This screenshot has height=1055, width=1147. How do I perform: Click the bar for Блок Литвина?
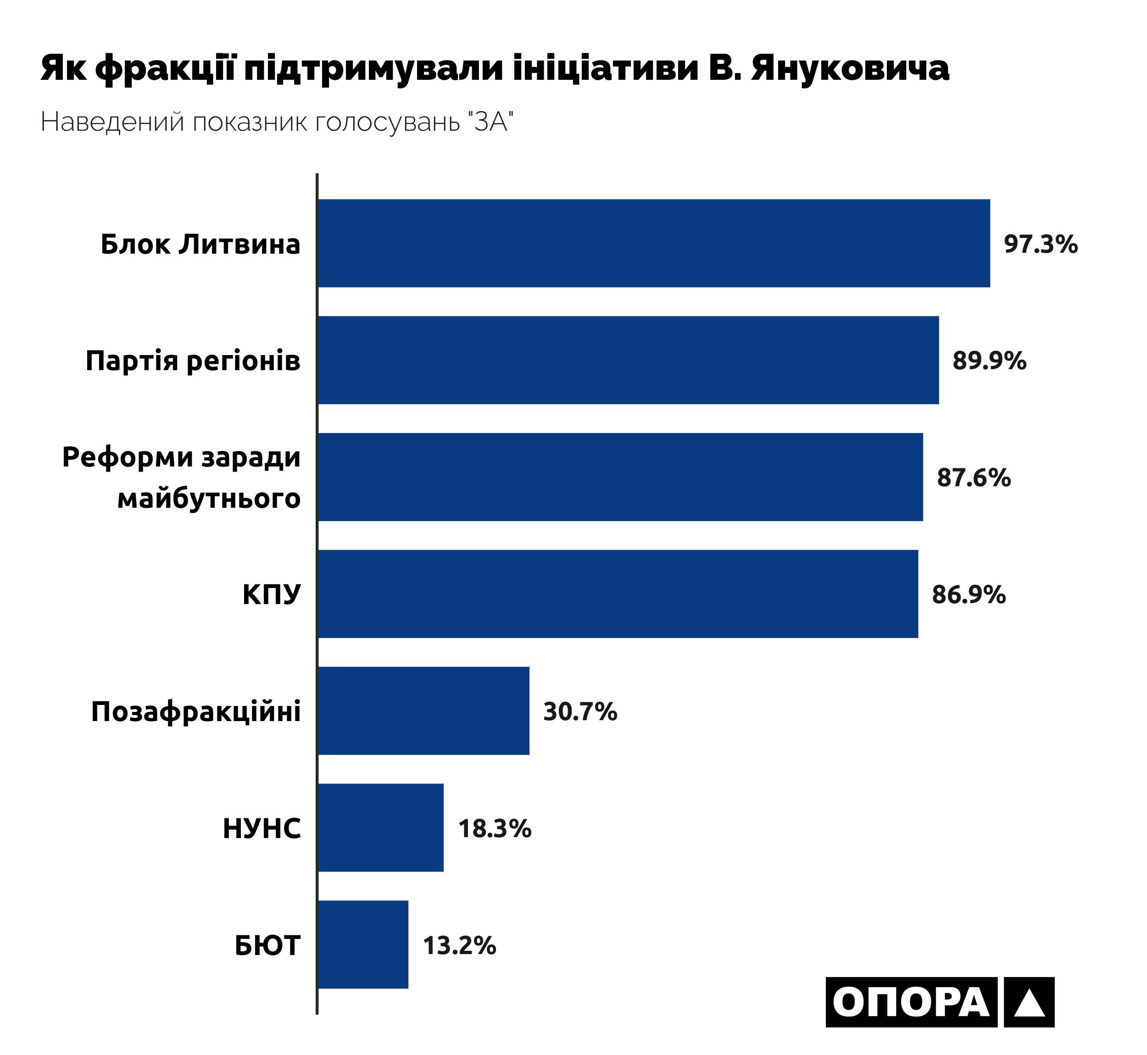(654, 243)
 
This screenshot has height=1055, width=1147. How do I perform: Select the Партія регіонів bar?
(628, 360)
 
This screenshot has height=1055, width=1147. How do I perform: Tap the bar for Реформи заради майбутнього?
(620, 477)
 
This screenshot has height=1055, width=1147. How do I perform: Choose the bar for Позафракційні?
(423, 711)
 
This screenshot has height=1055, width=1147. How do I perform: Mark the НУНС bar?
(381, 828)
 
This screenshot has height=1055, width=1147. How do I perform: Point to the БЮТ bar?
(363, 945)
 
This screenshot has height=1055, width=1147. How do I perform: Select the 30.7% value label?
(580, 712)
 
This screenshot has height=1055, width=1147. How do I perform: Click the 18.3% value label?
(495, 829)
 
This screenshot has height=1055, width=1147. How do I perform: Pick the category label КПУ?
(271, 595)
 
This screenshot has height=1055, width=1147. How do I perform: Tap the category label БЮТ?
(267, 946)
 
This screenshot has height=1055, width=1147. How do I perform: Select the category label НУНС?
(262, 829)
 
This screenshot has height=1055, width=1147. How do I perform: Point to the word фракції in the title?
(166, 70)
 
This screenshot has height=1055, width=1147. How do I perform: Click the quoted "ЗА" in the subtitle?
(490, 122)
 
